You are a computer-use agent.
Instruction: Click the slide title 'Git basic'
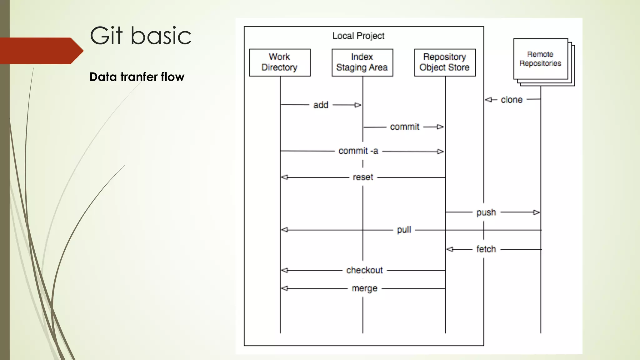tap(140, 36)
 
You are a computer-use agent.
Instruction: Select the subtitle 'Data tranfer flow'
tap(137, 77)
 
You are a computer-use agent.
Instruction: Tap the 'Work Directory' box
tap(280, 62)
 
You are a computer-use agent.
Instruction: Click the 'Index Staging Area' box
tap(362, 62)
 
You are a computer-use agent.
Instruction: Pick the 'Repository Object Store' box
tap(445, 62)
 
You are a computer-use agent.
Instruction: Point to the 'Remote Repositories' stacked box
tap(541, 59)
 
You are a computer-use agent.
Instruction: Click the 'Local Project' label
tap(358, 36)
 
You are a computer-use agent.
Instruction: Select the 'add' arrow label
tap(321, 105)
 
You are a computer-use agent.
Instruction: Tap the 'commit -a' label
tap(358, 151)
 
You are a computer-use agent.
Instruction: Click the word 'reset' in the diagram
tap(363, 177)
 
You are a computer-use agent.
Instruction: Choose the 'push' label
tap(486, 212)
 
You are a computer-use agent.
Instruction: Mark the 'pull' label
tap(404, 230)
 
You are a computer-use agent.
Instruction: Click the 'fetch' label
tap(486, 249)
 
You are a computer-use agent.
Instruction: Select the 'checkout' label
tap(364, 270)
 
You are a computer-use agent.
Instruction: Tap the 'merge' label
tap(364, 288)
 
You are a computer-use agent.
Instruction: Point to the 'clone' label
tap(512, 100)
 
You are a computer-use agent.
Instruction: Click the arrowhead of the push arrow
tap(536, 212)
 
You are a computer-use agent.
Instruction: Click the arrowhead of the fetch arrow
tap(450, 249)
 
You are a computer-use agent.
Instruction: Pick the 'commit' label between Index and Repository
tap(404, 127)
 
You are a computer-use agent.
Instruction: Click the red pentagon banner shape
tap(39, 51)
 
